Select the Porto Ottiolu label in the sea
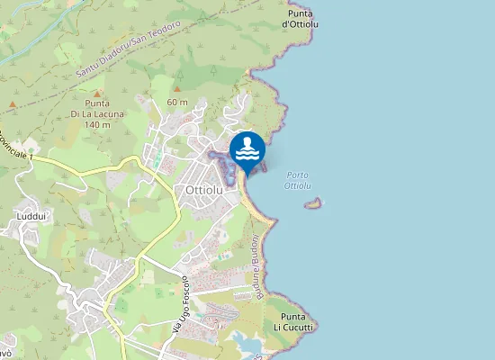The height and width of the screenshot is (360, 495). coord(297,180)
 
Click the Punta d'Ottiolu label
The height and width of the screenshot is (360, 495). coord(301,20)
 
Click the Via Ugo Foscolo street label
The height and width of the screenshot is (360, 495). coord(180,305)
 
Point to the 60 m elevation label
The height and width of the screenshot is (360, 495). coord(177,102)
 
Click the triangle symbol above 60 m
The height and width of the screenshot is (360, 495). coord(177,90)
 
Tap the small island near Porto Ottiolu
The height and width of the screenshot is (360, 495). coord(313,203)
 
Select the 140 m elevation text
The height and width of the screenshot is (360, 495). coord(96,124)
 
